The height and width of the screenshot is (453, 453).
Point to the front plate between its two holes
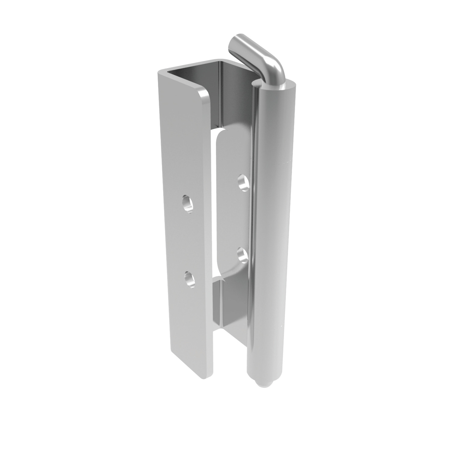[x=189, y=242]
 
